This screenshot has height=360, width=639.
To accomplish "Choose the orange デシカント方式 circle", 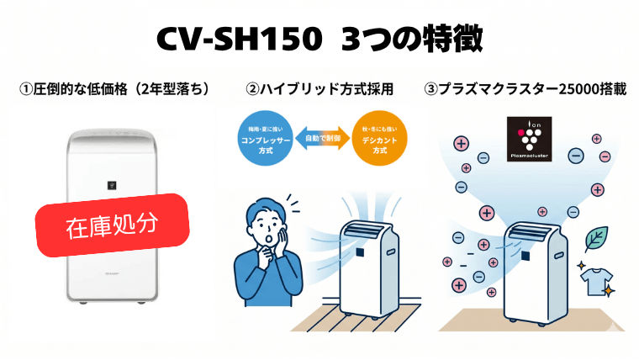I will tap(378, 140).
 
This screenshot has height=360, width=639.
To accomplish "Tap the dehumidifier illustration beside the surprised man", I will tap(368, 265).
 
